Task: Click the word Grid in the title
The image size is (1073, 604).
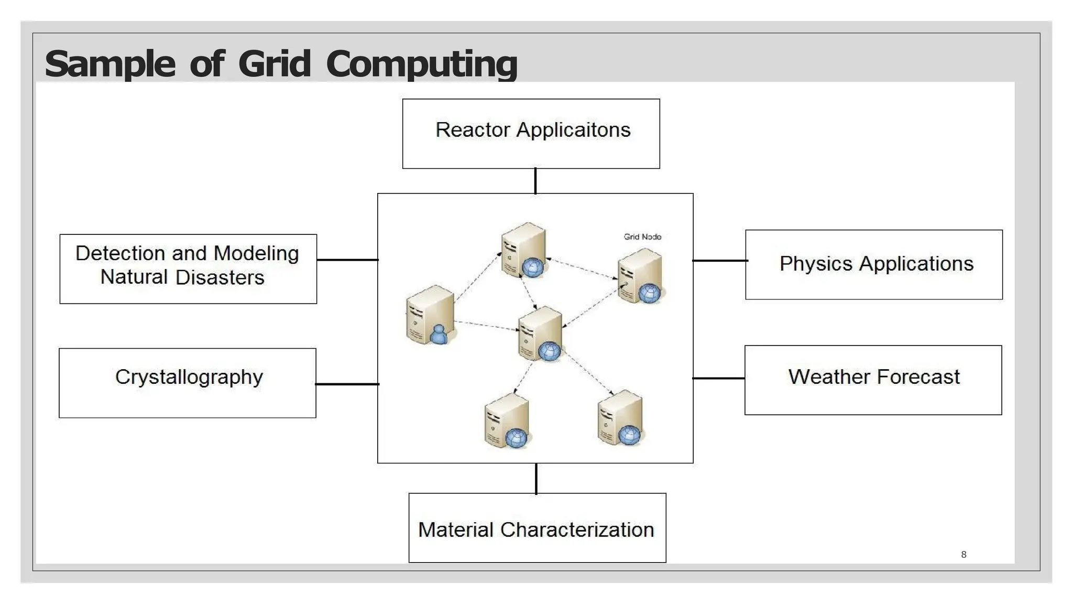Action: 275,64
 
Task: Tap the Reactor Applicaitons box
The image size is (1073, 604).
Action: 531,134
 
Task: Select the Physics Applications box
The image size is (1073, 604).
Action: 873,264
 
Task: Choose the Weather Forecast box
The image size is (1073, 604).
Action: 873,380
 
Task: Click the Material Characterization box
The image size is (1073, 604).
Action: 537,527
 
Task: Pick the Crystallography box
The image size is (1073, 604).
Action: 188,383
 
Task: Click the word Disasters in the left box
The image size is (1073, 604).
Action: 220,277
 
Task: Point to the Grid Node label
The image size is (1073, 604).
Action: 642,237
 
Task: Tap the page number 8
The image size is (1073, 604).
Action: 963,555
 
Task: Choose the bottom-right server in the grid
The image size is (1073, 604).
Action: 621,418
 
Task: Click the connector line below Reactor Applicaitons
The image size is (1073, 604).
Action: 535,181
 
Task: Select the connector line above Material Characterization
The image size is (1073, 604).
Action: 536,478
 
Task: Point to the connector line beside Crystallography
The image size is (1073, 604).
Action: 347,384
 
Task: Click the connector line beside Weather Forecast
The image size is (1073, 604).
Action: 718,378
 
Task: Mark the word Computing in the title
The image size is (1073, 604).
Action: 421,64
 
